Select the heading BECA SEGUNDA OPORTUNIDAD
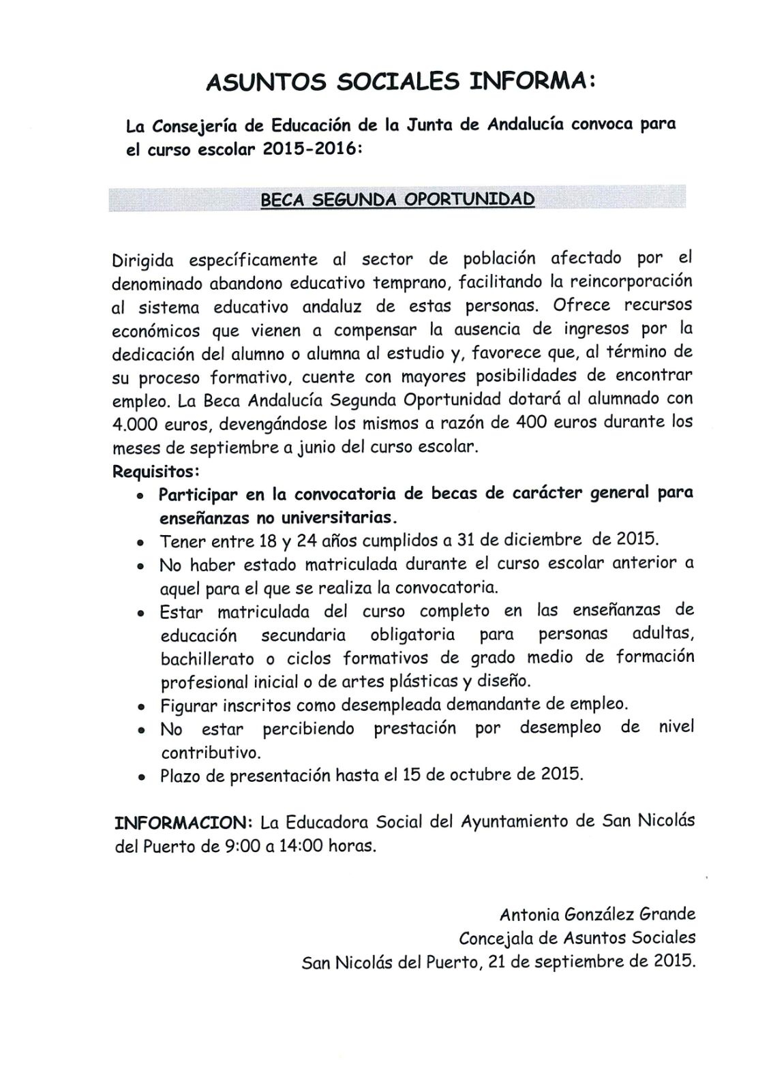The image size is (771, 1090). point(398,200)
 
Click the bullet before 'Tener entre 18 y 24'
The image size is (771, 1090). point(140,544)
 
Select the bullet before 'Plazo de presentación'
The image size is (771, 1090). point(140,776)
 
